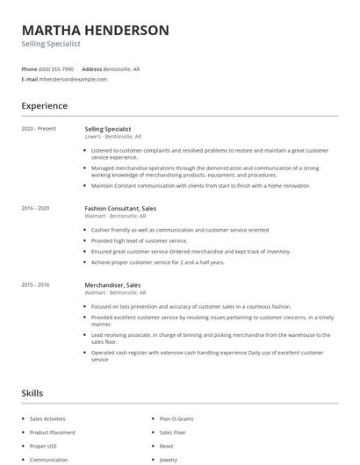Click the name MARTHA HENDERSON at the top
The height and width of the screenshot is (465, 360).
click(95, 30)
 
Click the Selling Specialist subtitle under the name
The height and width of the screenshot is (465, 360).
click(51, 43)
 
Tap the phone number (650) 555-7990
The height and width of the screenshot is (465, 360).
click(57, 68)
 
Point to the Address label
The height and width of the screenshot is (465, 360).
click(91, 68)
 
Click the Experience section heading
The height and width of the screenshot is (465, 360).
click(44, 106)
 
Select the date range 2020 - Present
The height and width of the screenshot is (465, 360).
click(39, 128)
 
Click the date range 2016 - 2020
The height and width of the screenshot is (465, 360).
click(35, 208)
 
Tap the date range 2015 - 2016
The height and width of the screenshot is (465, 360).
click(35, 284)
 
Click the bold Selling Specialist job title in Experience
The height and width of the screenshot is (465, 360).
click(110, 128)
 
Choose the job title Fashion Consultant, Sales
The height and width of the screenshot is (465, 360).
click(120, 208)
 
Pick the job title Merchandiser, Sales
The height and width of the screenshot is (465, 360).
click(112, 284)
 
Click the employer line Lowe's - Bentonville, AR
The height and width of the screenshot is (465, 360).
click(113, 137)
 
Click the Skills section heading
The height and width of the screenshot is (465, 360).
click(32, 393)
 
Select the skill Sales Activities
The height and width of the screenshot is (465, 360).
click(47, 419)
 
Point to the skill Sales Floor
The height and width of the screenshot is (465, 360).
click(172, 433)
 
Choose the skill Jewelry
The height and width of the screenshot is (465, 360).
click(168, 459)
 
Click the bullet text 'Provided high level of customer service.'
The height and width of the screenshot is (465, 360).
click(139, 240)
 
